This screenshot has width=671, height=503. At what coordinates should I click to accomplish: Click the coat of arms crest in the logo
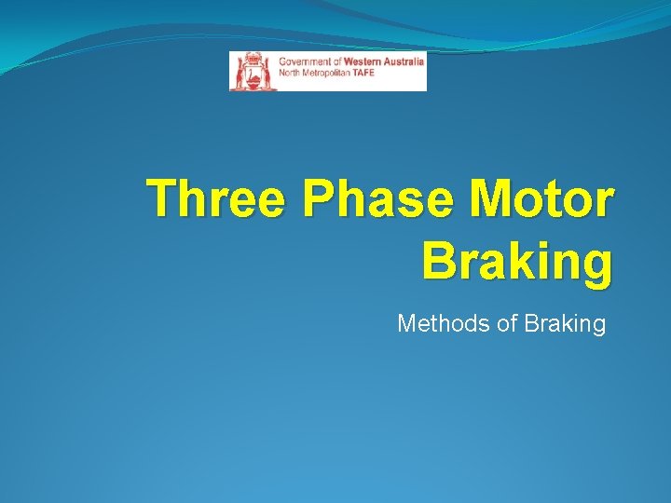253,71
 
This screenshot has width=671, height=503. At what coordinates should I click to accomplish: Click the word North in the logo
290,74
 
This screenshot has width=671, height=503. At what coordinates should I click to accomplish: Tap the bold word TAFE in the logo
364,74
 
